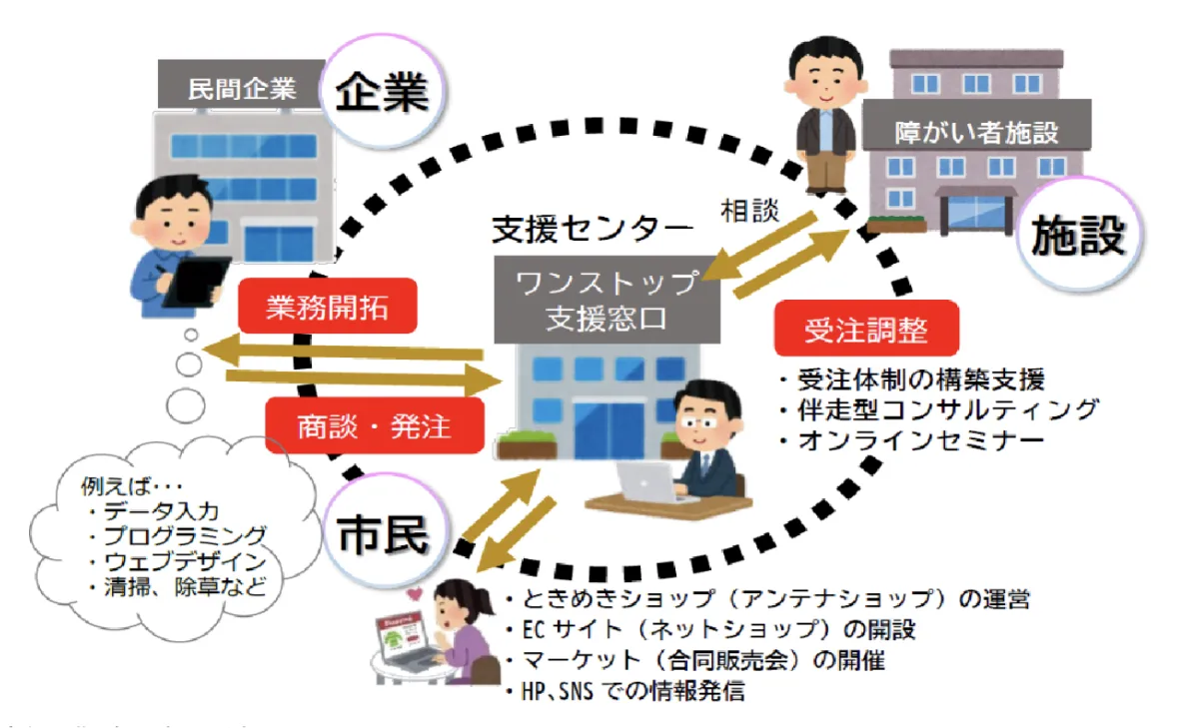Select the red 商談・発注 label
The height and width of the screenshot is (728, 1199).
[x=374, y=426]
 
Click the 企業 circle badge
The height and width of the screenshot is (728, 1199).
[x=381, y=94]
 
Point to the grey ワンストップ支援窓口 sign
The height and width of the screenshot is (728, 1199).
[x=606, y=300]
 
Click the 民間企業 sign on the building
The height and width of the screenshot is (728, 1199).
[x=242, y=88]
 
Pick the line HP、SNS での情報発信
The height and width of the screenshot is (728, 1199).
[x=629, y=690]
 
